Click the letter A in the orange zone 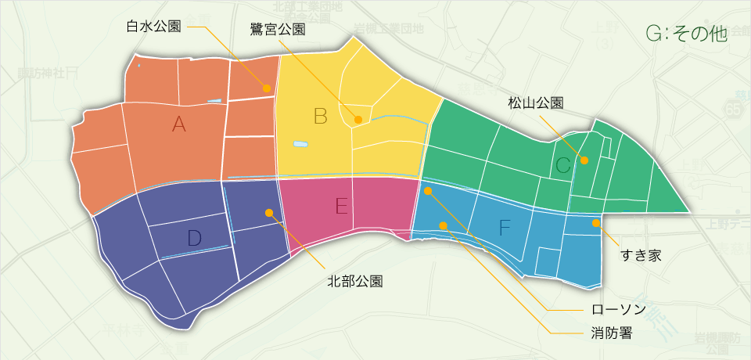click(x=179, y=124)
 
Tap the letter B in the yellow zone click(x=320, y=117)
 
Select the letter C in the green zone click(x=563, y=165)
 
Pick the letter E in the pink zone click(x=341, y=206)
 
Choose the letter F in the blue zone click(x=505, y=228)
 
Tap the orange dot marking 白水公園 click(x=267, y=88)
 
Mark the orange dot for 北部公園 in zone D click(x=269, y=212)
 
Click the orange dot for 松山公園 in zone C click(x=584, y=160)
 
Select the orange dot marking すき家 click(x=596, y=223)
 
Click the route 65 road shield click(x=733, y=112)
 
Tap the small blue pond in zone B click(x=300, y=144)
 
